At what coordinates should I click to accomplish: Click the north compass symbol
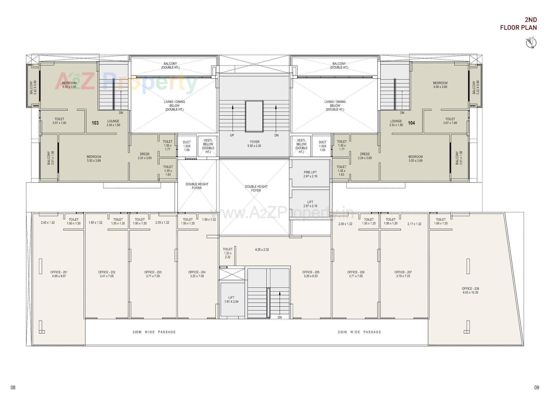531,42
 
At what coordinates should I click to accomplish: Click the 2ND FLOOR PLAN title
518,24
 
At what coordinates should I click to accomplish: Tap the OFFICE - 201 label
59,274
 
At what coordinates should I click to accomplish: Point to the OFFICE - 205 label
311,274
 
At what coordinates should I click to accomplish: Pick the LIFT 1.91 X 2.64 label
231,300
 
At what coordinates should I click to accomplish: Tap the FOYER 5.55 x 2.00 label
254,144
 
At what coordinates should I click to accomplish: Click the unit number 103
95,123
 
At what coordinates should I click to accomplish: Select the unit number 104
411,123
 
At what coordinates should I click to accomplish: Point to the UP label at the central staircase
232,135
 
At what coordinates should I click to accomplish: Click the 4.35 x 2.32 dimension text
262,250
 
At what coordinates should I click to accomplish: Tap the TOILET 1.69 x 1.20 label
441,221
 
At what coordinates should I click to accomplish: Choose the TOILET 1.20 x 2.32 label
228,253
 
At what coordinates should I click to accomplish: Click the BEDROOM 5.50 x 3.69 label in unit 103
94,159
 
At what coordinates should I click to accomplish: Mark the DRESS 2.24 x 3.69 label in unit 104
365,156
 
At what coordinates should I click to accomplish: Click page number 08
13,387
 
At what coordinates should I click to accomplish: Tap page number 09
537,387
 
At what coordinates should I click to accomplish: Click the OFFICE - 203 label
153,274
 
